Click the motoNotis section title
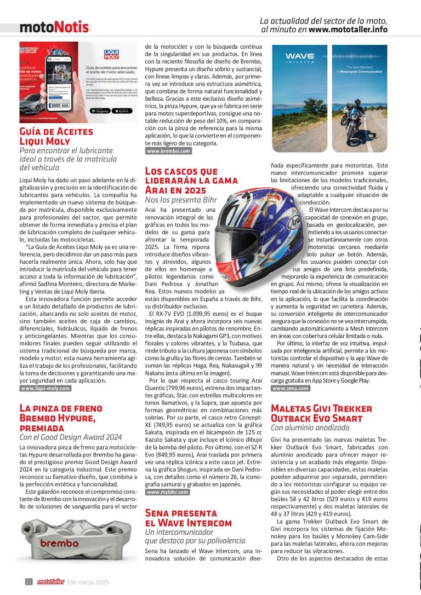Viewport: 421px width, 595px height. click(x=54, y=26)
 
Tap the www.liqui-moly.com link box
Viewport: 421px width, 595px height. click(x=45, y=388)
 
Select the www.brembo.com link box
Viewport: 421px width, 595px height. click(x=169, y=151)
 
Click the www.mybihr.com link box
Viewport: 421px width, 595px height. click(x=168, y=492)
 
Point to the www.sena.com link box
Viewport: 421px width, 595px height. click(x=291, y=388)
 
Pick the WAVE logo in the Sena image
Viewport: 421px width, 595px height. click(x=299, y=56)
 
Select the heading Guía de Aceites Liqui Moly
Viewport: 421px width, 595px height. click(x=56, y=137)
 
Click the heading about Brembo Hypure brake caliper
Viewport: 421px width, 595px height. click(x=61, y=418)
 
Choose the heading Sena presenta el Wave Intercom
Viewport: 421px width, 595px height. click(x=188, y=518)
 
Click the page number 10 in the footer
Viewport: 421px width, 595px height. click(x=29, y=582)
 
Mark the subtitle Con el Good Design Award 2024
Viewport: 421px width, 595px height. click(x=71, y=437)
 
